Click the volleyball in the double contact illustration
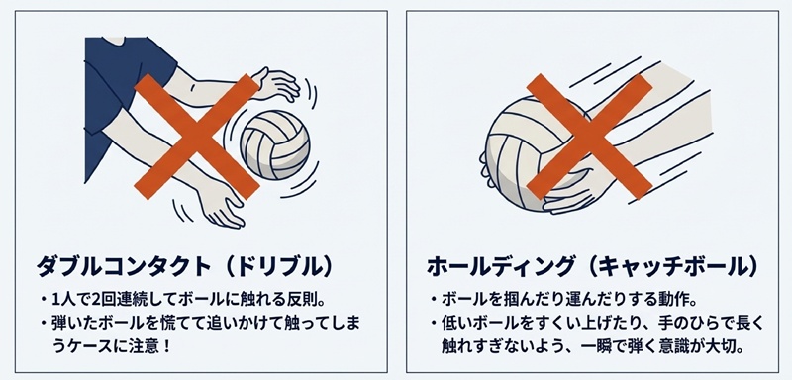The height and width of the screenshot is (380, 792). [275, 144]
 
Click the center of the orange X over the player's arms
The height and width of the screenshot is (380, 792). [196, 137]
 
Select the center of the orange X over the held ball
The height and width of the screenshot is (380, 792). [589, 137]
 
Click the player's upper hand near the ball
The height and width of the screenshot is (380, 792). [275, 84]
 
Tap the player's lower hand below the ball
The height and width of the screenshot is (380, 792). [222, 208]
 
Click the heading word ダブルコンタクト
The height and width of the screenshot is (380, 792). [123, 266]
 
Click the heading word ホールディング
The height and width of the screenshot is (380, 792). [501, 266]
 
